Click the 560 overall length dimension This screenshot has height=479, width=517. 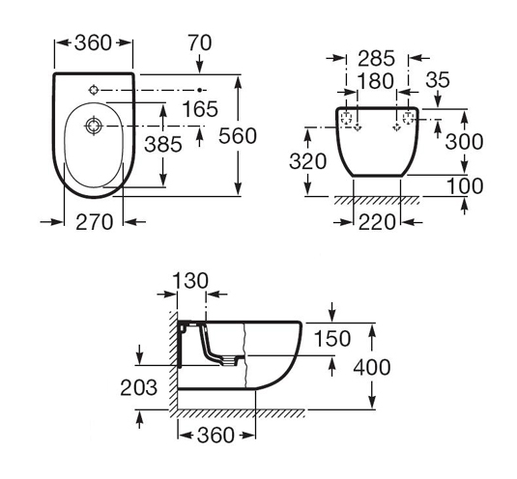coord(238,136)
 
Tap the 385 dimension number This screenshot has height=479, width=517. coord(163,144)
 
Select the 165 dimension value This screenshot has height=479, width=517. coord(200,109)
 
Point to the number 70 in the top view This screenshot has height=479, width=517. coord(200,42)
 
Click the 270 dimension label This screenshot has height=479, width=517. coord(95,222)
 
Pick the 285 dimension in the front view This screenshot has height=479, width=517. coord(376,58)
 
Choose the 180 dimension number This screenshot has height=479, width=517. coord(376,81)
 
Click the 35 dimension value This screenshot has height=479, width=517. coord(438,80)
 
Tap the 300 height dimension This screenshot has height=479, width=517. coord(464,142)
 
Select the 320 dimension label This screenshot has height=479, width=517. coord(307,161)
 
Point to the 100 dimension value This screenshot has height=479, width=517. coord(465,186)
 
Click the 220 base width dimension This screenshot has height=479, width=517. coord(377,222)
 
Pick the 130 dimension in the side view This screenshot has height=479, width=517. coord(190,281)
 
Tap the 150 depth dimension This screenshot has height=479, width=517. coord(332,339)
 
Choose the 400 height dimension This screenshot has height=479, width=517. coord(372,367)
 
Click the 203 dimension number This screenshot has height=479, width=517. coord(138,387)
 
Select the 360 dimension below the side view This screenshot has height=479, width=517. coord(215,436)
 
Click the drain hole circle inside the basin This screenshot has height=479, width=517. coord(94,126)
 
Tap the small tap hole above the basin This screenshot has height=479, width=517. coord(94,90)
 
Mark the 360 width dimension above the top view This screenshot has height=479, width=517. coord(94,42)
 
